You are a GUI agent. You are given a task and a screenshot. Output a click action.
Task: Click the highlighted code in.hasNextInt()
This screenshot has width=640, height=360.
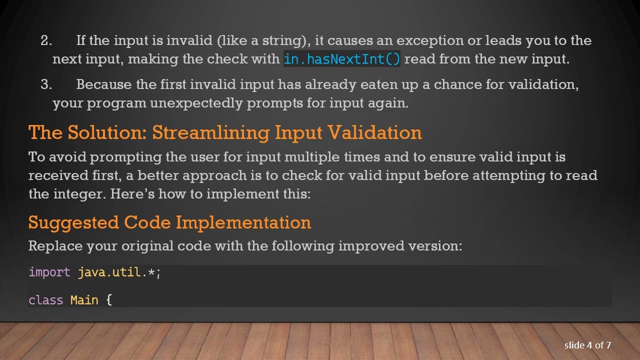pyautogui.click(x=342, y=59)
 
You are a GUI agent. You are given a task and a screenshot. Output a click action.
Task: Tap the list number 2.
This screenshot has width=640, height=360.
pyautogui.click(x=46, y=40)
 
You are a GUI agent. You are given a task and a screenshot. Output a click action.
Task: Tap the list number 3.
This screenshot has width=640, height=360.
pyautogui.click(x=46, y=84)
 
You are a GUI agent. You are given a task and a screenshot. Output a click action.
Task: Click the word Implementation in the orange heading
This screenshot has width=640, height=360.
pyautogui.click(x=243, y=222)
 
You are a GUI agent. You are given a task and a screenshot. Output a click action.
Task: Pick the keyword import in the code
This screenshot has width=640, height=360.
pyautogui.click(x=49, y=272)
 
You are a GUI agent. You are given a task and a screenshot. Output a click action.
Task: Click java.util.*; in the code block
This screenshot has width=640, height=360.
pyautogui.click(x=119, y=272)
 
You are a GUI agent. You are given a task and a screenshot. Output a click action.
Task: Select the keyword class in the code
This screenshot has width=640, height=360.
pyautogui.click(x=46, y=300)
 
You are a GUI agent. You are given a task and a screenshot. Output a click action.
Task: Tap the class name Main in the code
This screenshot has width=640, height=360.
pyautogui.click(x=84, y=300)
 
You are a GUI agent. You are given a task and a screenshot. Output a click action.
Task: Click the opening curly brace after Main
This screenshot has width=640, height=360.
pyautogui.click(x=109, y=300)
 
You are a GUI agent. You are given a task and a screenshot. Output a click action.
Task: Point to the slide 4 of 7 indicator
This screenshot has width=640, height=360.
pyautogui.click(x=587, y=345)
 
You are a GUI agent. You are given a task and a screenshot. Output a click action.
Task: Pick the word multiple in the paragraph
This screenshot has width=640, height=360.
pyautogui.click(x=312, y=157)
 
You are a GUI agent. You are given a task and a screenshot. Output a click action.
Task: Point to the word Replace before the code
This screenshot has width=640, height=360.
pyautogui.click(x=55, y=246)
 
